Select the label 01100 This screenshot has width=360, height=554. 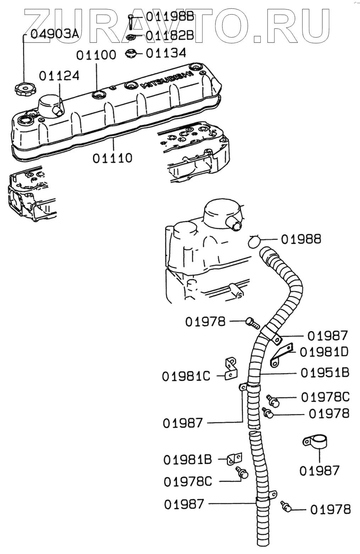pos(96,55)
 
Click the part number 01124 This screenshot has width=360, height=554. pos(59,76)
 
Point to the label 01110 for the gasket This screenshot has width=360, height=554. pos(112,158)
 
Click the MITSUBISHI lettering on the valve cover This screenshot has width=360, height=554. pos(167,79)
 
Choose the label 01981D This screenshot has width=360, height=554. pos(324,352)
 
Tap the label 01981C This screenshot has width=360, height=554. pos(186,376)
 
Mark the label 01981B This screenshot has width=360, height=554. pos(188,460)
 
